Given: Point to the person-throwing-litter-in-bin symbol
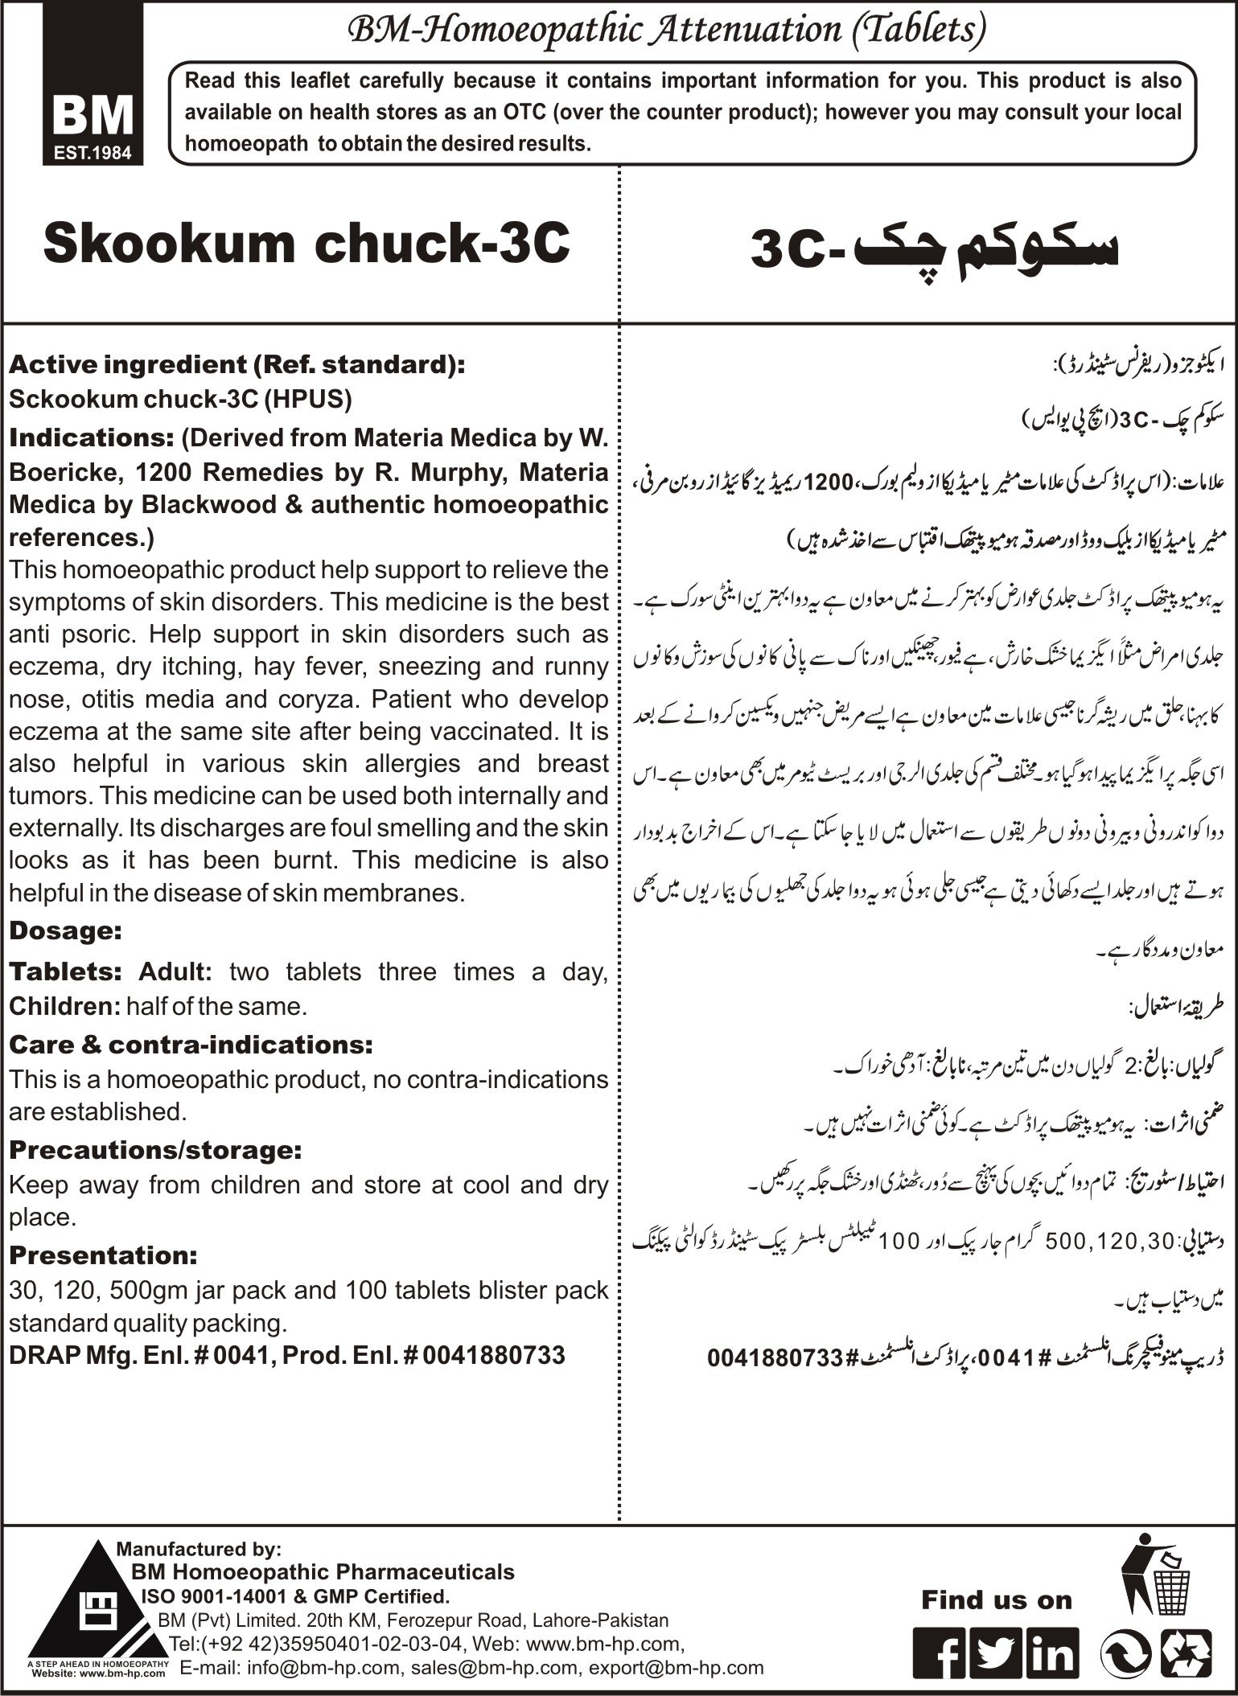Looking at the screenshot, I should pos(1157,1565).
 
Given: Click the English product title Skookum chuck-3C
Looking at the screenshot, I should pos(306,244).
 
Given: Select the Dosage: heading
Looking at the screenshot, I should pos(65,931).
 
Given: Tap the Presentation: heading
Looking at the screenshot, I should pos(103,1255).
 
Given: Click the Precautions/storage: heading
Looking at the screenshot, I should pos(155,1150).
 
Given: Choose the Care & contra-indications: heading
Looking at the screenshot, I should pos(191,1045).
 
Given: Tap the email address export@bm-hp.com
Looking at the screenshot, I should pos(676,1667).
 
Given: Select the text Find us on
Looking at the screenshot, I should pos(997,1599).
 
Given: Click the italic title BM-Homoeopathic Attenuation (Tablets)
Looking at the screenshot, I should pos(666,31).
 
